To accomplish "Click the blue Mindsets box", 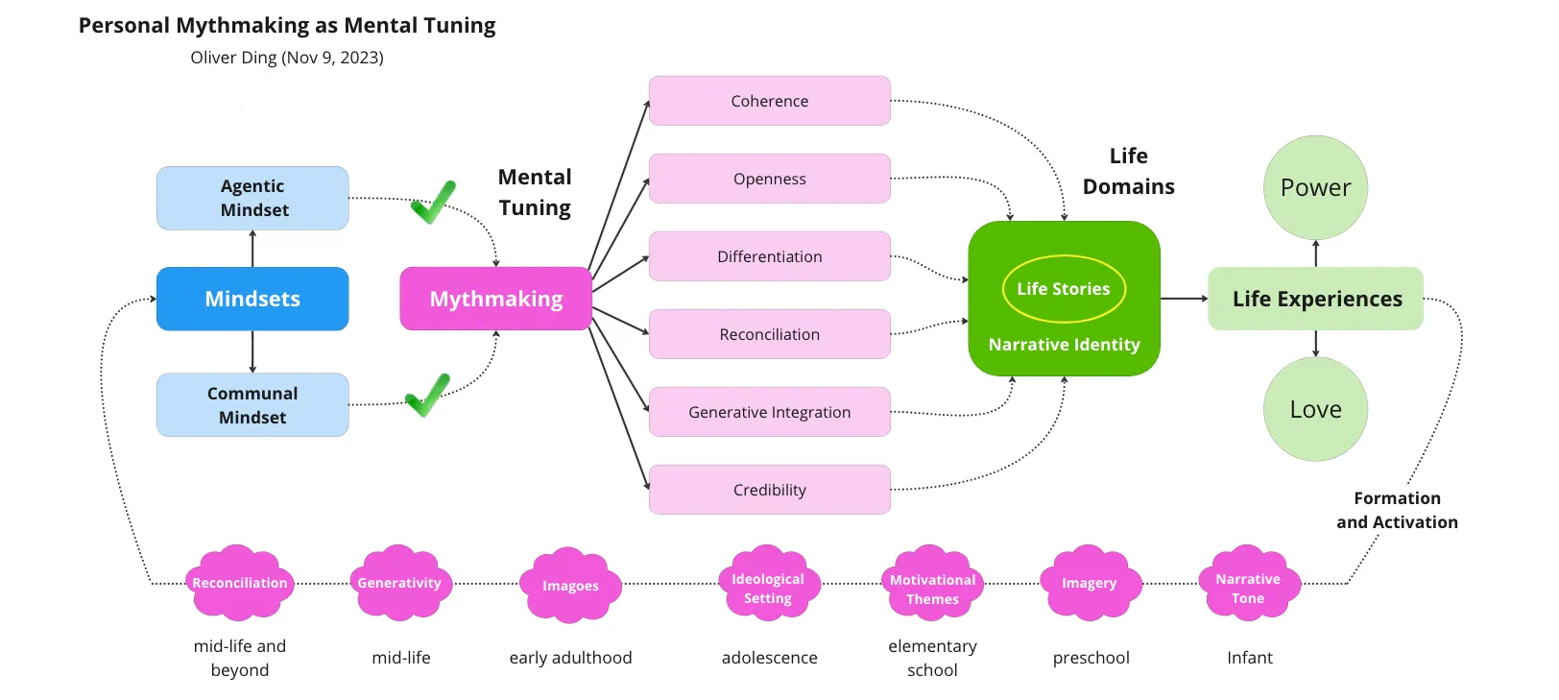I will [252, 299].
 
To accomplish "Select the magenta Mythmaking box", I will [495, 299].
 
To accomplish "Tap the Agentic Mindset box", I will [252, 198].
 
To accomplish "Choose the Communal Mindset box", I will [252, 405].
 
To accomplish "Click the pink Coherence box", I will [769, 101].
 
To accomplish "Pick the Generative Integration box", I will [769, 412].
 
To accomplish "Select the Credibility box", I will [769, 490].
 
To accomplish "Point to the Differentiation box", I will [769, 256].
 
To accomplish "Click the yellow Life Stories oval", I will [1064, 289].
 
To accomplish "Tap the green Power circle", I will [1315, 187].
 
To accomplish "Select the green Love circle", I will [1315, 409].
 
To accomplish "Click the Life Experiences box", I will [1316, 299].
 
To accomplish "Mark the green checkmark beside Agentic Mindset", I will [433, 202].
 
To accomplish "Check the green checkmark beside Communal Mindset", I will [427, 395].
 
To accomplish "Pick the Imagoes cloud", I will [570, 586].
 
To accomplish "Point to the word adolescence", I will [769, 658].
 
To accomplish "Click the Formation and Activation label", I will [1397, 510].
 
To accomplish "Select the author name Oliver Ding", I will [233, 58].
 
